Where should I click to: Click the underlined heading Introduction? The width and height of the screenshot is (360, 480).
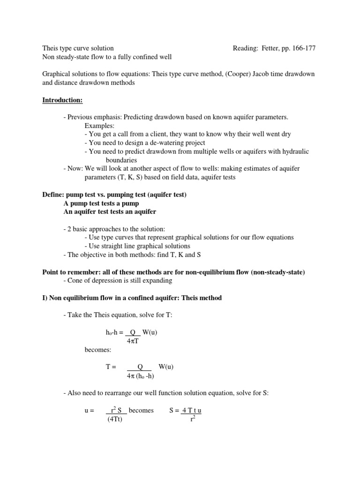(63, 100)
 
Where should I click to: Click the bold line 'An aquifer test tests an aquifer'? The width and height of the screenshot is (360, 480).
(110, 211)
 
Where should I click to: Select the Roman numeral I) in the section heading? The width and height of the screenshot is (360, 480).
(45, 298)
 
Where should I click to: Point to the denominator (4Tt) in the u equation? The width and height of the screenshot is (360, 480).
(114, 419)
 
